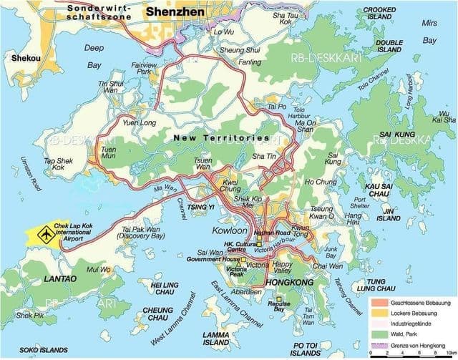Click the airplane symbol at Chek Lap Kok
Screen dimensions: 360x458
pyautogui.click(x=45, y=233)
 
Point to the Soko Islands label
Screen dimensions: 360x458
pyautogui.click(x=39, y=351)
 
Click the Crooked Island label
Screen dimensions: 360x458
pyautogui.click(x=379, y=13)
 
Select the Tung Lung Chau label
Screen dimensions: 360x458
pyautogui.click(x=391, y=285)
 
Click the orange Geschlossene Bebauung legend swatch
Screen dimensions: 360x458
pyautogui.click(x=376, y=303)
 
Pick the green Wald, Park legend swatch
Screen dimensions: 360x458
pyautogui.click(x=376, y=330)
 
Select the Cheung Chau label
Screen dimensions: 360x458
pyautogui.click(x=157, y=315)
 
